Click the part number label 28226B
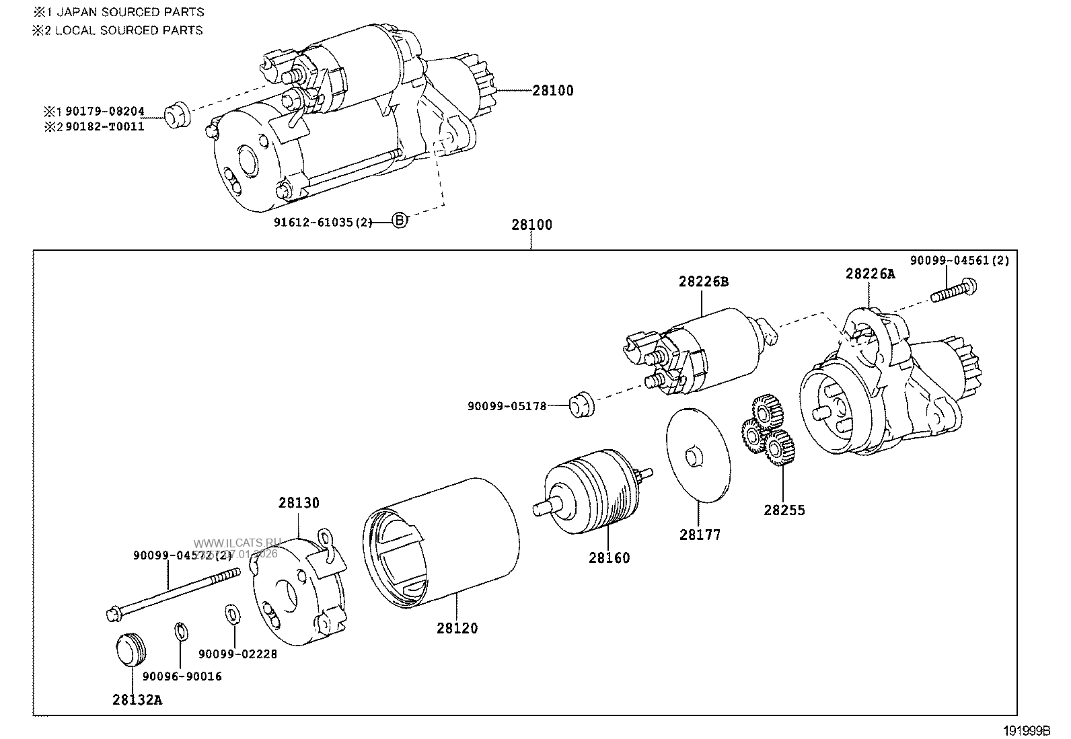[x=703, y=282]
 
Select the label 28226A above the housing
[x=871, y=274]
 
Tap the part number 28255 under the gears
[x=784, y=510]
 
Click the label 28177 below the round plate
[x=700, y=535]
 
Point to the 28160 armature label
[x=609, y=558]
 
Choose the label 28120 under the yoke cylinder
[x=457, y=629]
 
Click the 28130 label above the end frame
[x=299, y=503]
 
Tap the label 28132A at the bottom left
[x=137, y=700]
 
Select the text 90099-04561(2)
[x=959, y=261]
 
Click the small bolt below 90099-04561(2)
[x=954, y=292]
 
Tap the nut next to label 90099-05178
[x=581, y=404]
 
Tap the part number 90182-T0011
[x=104, y=126]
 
